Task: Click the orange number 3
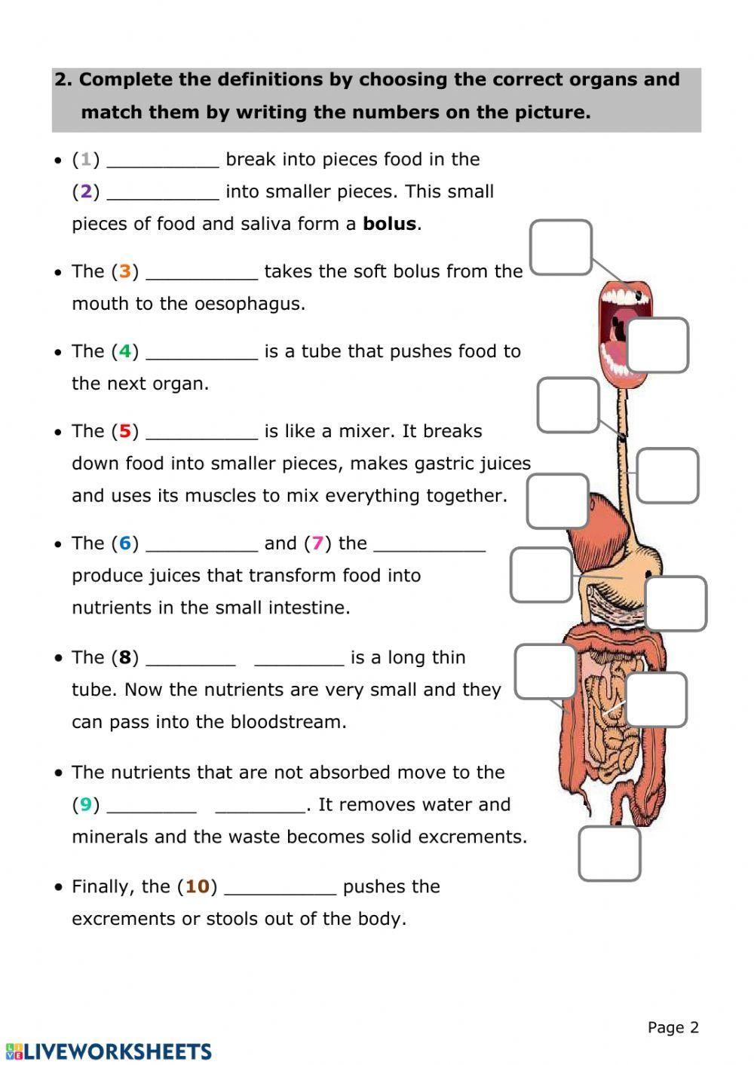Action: [125, 271]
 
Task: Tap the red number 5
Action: [125, 431]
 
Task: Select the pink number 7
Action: [317, 543]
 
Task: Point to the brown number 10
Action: [197, 886]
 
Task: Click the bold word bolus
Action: [389, 224]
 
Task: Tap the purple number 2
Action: [86, 191]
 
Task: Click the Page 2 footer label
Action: [673, 1027]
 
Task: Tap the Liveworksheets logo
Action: [109, 1051]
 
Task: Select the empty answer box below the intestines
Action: [609, 854]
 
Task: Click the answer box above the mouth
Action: [561, 247]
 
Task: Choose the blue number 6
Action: [125, 543]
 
